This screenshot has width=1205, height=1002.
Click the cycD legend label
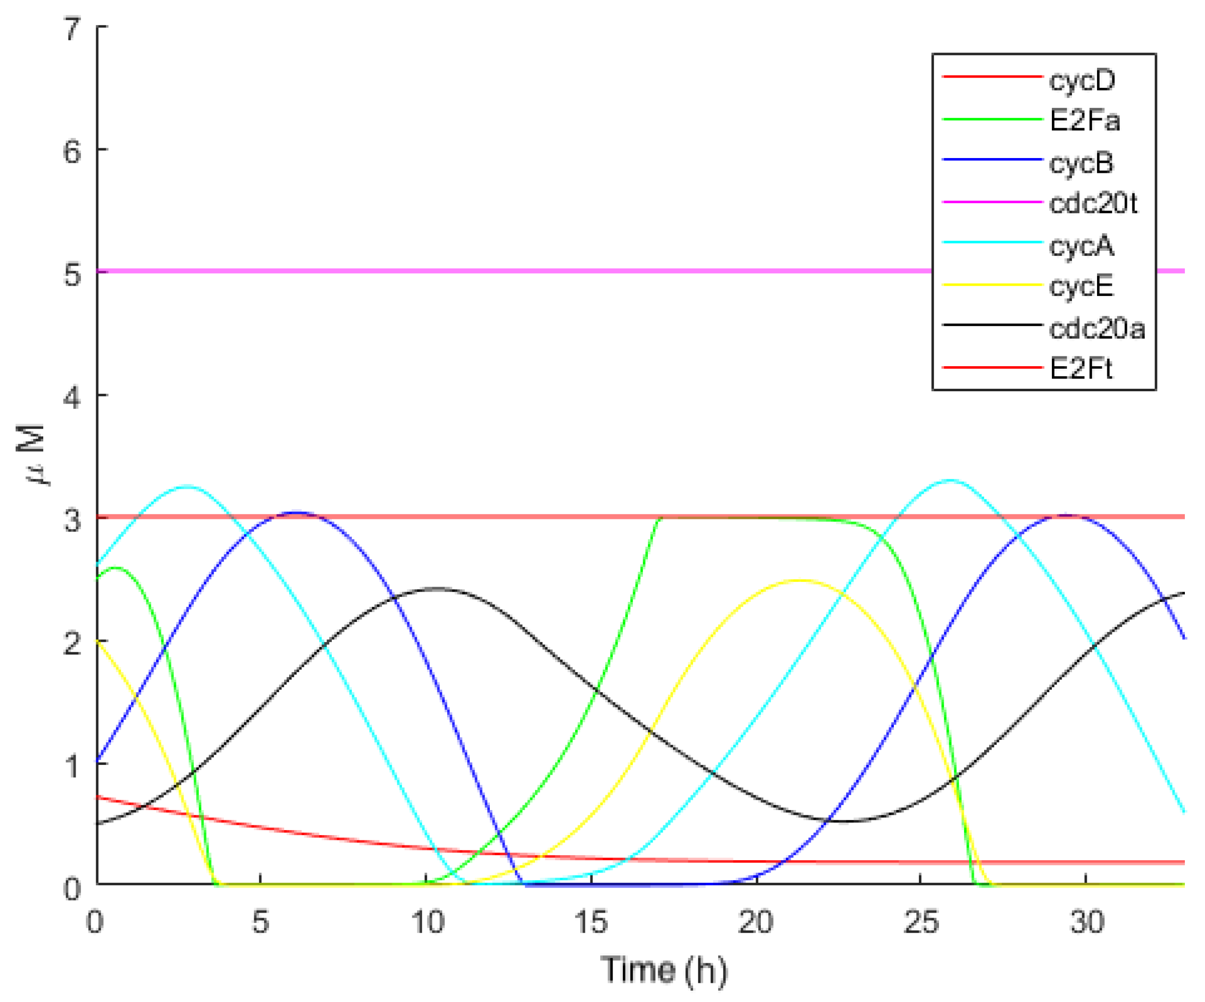click(1082, 80)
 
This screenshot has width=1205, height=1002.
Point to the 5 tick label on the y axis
click(72, 274)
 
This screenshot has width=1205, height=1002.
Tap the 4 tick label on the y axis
click(72, 397)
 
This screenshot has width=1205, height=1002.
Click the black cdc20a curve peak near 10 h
click(437, 589)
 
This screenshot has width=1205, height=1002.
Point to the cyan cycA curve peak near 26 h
click(951, 480)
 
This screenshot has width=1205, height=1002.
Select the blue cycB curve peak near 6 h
click(296, 513)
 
